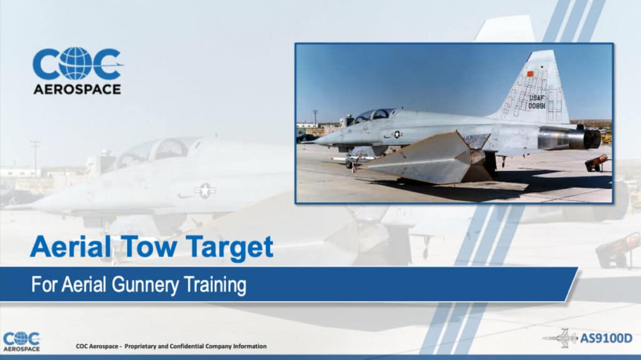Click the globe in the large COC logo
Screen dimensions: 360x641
(76, 64)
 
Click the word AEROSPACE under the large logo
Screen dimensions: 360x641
(76, 90)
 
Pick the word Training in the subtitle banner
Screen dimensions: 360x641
(215, 285)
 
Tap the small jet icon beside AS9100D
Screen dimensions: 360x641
(560, 338)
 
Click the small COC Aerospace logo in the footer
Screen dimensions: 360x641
(21, 341)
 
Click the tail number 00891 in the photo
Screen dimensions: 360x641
(536, 106)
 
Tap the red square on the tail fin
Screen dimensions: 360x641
(530, 74)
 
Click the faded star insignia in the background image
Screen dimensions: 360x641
(205, 190)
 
